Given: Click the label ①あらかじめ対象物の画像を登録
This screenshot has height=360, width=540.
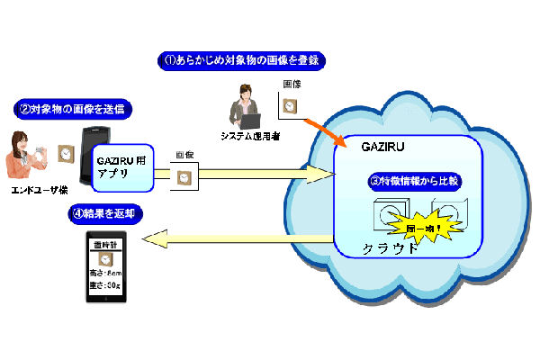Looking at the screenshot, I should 241,61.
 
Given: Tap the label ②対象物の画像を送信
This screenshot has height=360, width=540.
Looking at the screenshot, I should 75,110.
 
